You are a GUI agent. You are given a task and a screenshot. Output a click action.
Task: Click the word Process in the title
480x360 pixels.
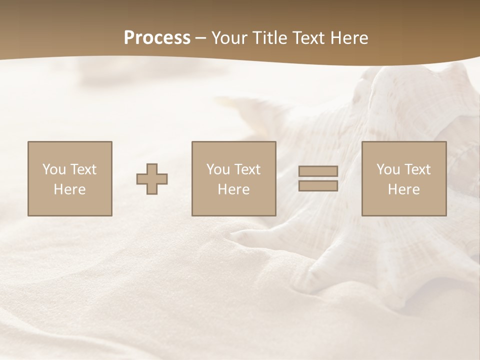click(x=157, y=38)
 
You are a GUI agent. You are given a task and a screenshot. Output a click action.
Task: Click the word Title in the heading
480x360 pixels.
click(x=271, y=38)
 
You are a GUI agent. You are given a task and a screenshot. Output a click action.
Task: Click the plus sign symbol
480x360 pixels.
click(x=152, y=178)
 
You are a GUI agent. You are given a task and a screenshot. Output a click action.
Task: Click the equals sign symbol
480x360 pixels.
click(x=318, y=178)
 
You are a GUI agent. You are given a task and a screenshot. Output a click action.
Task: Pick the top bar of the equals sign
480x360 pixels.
click(x=318, y=171)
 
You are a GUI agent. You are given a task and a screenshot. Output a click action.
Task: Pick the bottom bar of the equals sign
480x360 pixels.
click(x=318, y=186)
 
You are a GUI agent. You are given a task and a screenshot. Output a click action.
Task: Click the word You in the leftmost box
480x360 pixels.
click(x=54, y=169)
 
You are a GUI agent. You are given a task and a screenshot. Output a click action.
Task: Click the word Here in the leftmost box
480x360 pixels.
click(x=70, y=189)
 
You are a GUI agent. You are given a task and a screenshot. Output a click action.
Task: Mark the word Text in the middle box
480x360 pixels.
click(x=247, y=169)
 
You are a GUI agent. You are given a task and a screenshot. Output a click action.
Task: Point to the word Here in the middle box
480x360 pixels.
click(x=234, y=189)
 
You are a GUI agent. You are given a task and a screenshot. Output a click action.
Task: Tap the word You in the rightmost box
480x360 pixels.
click(x=388, y=169)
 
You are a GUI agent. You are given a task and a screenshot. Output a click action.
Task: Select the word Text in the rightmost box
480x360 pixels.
click(x=417, y=169)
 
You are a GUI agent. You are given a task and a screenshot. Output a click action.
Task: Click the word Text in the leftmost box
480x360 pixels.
click(x=83, y=169)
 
